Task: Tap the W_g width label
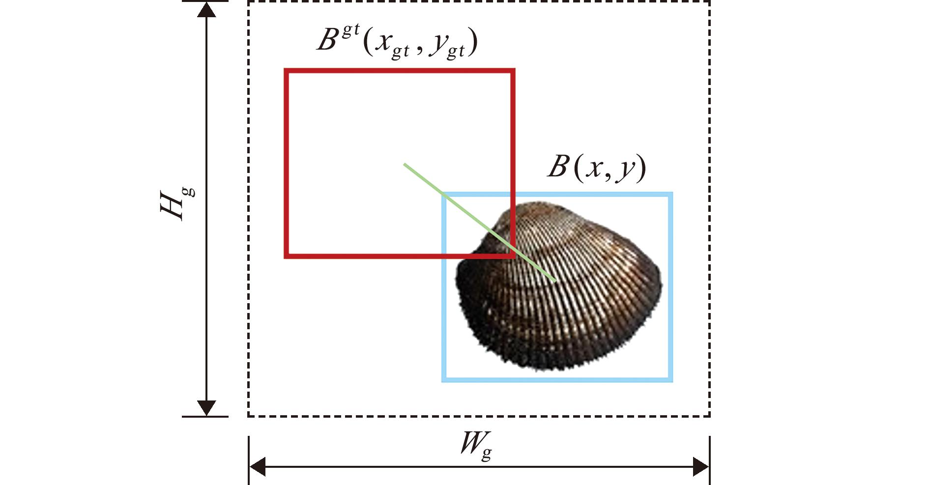point(476,448)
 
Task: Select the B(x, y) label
point(596,168)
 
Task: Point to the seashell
point(559,286)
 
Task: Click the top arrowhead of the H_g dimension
point(206,9)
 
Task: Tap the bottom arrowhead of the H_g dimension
point(206,408)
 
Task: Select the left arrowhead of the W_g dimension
point(258,466)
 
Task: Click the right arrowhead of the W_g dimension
point(701,466)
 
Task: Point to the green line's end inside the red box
point(404,164)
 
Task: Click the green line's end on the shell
point(555,282)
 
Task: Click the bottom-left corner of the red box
point(286,256)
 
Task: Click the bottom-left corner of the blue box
point(443,380)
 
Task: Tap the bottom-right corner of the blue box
point(670,380)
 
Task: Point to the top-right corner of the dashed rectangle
point(710,1)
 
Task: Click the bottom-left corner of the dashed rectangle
point(248,416)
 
